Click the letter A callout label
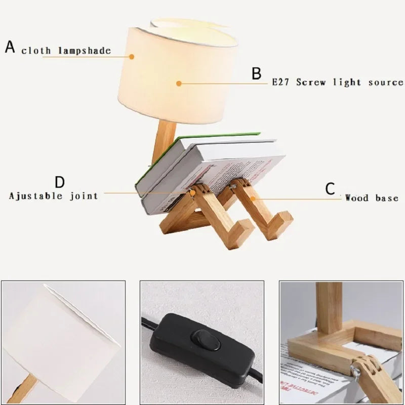pos(10,47)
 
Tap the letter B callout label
pos(257,74)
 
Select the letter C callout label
pos(330,189)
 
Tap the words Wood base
pos(372,198)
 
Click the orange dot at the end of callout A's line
pos(132,57)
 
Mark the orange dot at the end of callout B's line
pos(178,84)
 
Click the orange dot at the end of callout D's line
pos(193,192)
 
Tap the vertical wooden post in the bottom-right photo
pos(329,307)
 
